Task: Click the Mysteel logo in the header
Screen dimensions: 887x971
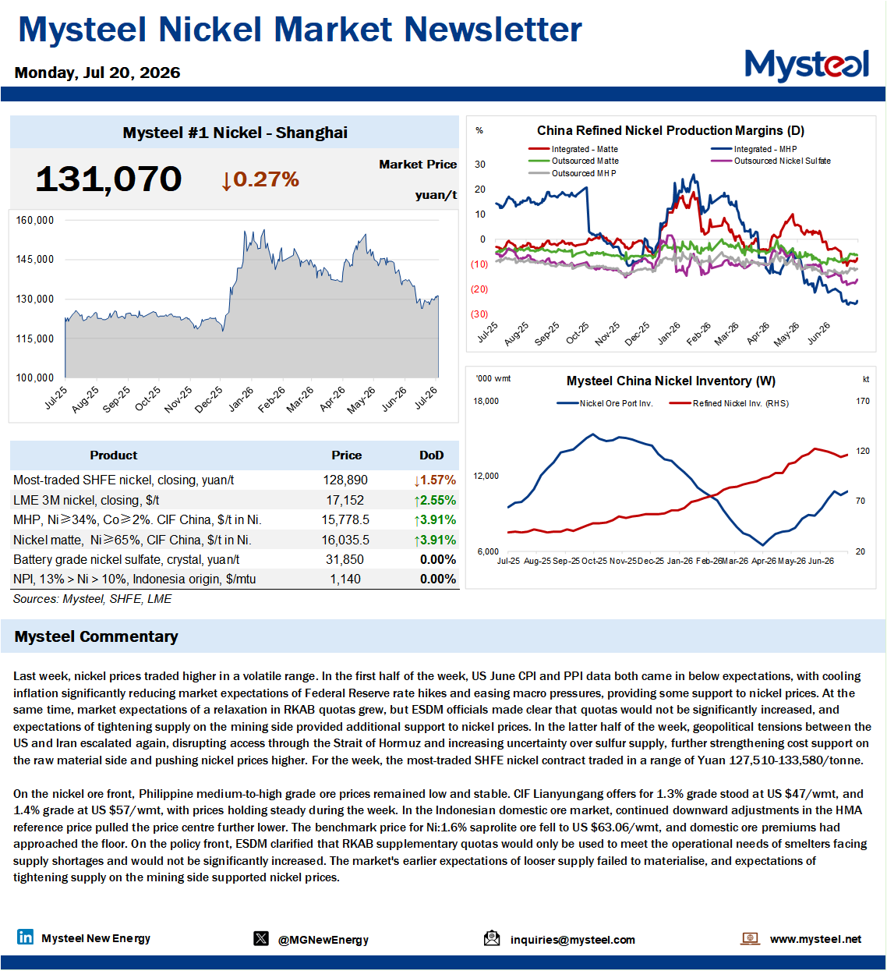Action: pos(806,65)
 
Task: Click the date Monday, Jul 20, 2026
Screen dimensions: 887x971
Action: pos(97,73)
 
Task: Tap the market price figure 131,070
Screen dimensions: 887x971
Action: pos(108,179)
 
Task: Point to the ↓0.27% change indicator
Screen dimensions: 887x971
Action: pos(260,179)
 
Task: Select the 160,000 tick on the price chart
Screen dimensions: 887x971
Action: pos(35,220)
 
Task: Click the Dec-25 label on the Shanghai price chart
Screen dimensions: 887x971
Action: pos(209,399)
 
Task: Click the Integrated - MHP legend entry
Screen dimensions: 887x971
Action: pos(754,149)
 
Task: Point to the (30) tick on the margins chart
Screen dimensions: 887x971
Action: pos(479,314)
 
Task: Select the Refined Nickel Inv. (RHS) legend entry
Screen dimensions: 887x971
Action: pos(729,403)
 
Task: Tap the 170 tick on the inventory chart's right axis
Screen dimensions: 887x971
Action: pos(862,401)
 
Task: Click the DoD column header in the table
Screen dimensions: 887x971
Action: pos(431,455)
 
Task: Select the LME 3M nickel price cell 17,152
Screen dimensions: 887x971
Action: pos(345,500)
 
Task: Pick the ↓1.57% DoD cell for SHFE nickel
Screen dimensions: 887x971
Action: pos(435,480)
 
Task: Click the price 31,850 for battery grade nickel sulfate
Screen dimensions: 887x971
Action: pos(345,559)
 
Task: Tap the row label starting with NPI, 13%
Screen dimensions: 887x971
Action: pos(135,579)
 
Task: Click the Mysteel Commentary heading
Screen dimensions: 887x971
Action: pos(97,636)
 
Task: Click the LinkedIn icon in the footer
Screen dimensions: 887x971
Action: pos(25,937)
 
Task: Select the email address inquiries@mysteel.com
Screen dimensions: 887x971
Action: pos(572,940)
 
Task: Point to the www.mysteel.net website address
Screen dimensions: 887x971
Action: pos(815,939)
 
